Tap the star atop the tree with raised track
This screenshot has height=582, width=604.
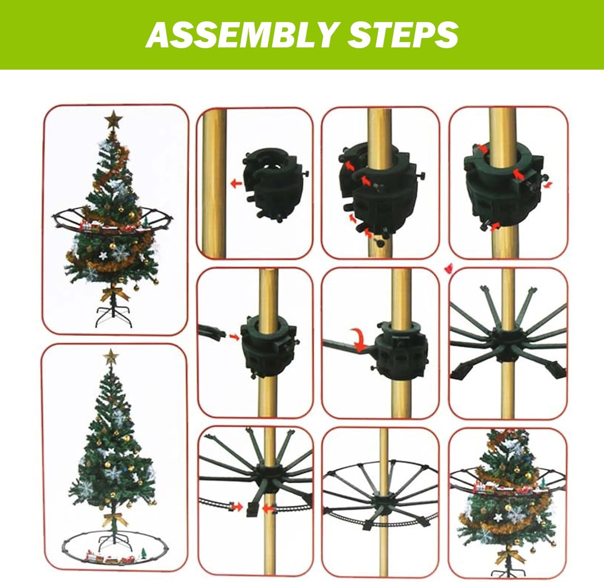[x=113, y=120]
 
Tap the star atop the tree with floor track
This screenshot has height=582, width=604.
[x=110, y=357]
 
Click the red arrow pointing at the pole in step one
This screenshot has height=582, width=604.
[x=236, y=184]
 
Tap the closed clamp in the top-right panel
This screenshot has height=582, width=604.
[x=503, y=189]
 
